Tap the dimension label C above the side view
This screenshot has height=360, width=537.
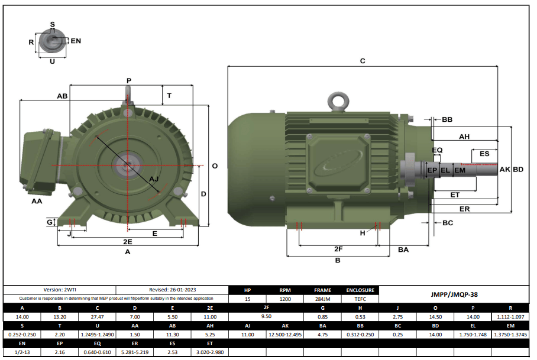363,61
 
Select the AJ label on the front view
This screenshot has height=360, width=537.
154,179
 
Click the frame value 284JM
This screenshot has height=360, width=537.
322,299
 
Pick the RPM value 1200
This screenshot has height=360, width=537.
285,299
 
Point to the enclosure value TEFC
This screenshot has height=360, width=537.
360,299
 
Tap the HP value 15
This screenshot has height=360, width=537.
248,299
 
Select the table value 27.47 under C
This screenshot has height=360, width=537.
97,317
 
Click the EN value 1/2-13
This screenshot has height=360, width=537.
22,353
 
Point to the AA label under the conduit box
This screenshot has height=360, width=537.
37,201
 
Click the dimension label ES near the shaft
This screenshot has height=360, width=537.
484,154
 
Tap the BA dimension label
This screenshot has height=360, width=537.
403,250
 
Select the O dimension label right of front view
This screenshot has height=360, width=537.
215,166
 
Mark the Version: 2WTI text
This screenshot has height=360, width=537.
62,290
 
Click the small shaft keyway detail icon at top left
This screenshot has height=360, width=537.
52,41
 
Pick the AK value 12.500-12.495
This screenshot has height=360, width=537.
285,335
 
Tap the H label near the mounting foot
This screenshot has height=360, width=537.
363,233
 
